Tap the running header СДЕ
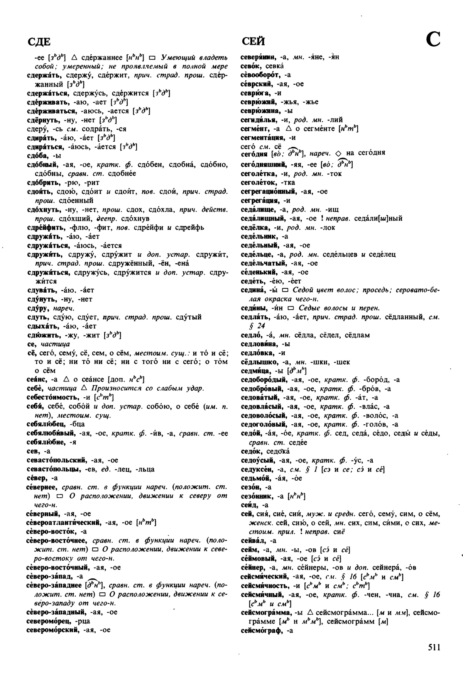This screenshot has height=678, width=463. click(39, 42)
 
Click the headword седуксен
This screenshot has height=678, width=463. click(257, 469)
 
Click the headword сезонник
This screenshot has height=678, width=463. click(257, 496)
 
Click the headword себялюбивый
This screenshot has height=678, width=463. click(52, 433)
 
